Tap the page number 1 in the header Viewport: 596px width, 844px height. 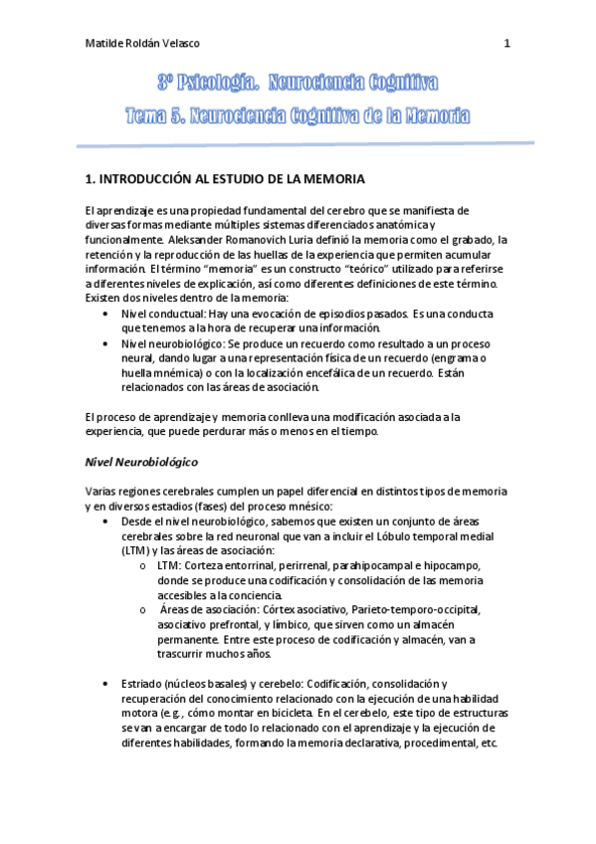(x=507, y=43)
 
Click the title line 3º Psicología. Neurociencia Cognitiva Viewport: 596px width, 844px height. (x=298, y=82)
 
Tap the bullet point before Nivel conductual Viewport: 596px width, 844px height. (x=106, y=314)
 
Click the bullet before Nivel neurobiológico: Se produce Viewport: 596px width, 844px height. (x=106, y=343)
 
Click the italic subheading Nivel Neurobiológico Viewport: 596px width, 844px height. (x=140, y=463)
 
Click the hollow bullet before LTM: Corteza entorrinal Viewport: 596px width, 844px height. (x=146, y=565)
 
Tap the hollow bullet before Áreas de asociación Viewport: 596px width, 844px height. (x=146, y=609)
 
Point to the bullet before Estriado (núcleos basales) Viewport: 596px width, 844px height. (x=106, y=684)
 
